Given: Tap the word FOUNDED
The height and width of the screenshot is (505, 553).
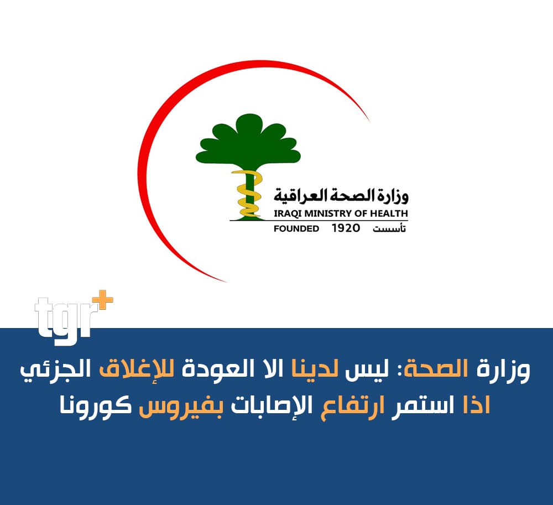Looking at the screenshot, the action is [x=296, y=228].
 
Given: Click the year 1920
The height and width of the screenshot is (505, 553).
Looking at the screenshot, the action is [x=346, y=228].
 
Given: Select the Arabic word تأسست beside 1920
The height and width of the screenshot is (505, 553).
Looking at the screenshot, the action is [x=389, y=228].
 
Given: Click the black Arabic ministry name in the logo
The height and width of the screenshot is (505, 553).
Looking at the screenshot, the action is [x=341, y=196].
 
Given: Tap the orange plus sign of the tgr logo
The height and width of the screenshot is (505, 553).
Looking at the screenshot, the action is [x=103, y=300].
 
